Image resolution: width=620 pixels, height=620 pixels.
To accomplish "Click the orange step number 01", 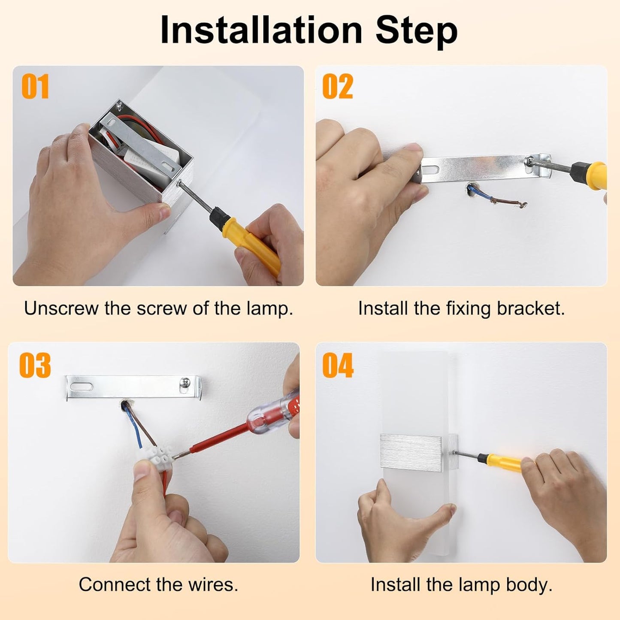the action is [x=35, y=86].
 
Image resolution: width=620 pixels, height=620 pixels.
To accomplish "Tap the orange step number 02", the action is [x=338, y=86].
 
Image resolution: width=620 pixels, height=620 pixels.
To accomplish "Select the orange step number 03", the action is [x=35, y=365].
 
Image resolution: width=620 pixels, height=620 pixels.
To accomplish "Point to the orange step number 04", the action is [x=338, y=365].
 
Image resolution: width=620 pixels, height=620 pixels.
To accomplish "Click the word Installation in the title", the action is [x=261, y=30].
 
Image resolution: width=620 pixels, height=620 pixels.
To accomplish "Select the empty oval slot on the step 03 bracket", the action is [x=82, y=387].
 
